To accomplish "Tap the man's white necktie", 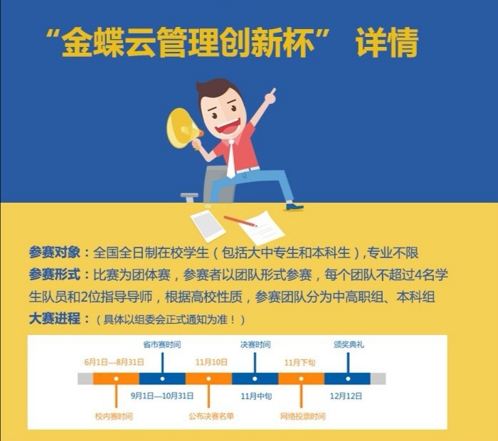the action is click(x=231, y=159).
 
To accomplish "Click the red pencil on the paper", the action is click(x=240, y=222).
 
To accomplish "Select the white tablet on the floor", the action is click(x=208, y=225).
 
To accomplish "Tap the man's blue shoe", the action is click(x=295, y=207).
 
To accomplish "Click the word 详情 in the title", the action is click(x=386, y=43).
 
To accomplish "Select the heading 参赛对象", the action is click(x=54, y=253).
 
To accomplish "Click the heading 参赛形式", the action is click(x=54, y=275).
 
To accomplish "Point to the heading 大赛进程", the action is click(x=54, y=319).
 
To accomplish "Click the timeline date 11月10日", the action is click(x=211, y=362).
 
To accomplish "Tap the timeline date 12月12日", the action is click(x=346, y=396).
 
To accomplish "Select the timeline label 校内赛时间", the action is click(x=114, y=416).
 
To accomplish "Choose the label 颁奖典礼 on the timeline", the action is click(x=349, y=344).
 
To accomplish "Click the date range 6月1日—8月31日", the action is click(x=114, y=362).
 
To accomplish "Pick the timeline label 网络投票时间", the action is click(x=302, y=416).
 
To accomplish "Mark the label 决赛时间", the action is click(x=255, y=344).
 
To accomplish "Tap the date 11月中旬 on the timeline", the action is click(x=256, y=396).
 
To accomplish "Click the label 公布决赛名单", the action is click(x=211, y=416).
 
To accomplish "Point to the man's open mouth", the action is click(x=227, y=127).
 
